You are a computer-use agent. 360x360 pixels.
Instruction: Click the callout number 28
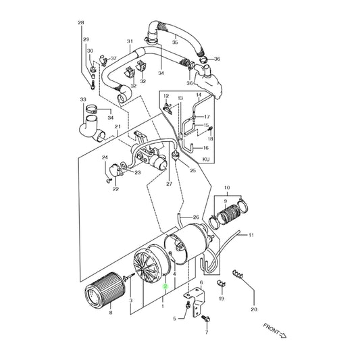pyautogui.click(x=81, y=24)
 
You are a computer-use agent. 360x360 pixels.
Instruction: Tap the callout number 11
pyautogui.click(x=251, y=235)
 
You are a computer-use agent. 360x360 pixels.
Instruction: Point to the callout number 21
pyautogui.click(x=118, y=127)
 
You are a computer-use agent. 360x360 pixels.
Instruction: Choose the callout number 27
pyautogui.click(x=169, y=183)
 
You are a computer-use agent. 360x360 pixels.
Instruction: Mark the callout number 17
pyautogui.click(x=207, y=116)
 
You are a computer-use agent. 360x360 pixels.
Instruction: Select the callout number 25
pyautogui.click(x=193, y=171)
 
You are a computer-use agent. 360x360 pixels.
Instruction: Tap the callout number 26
pyautogui.click(x=196, y=217)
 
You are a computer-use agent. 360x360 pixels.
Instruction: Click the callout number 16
pyautogui.click(x=206, y=147)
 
